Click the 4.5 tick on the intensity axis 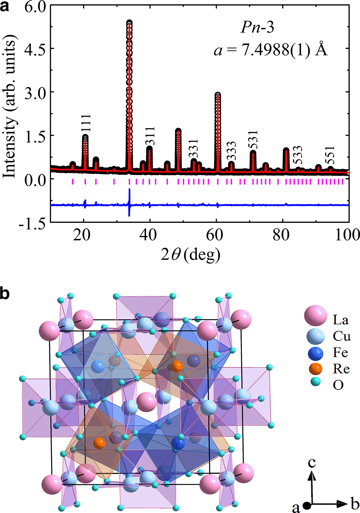pyautogui.click(x=34, y=48)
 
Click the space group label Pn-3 pyautogui.click(x=257, y=28)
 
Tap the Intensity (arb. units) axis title pyautogui.click(x=10, y=108)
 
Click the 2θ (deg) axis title pyautogui.click(x=190, y=255)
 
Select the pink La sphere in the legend pyautogui.click(x=315, y=316)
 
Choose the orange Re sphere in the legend pyautogui.click(x=315, y=369)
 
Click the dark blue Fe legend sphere pyautogui.click(x=315, y=352)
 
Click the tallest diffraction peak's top pyautogui.click(x=129, y=23)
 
